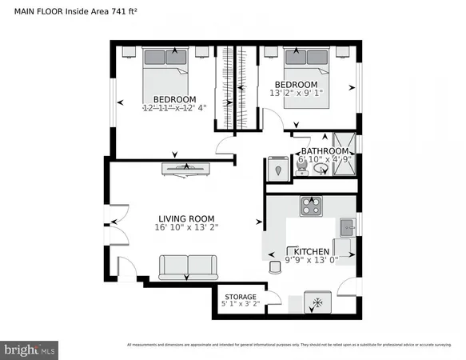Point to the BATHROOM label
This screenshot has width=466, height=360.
[x=325, y=151]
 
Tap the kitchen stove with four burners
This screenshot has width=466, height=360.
[x=310, y=206]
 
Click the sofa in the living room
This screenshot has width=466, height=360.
[x=187, y=266]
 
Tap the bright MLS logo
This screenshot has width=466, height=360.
[x=30, y=349]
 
